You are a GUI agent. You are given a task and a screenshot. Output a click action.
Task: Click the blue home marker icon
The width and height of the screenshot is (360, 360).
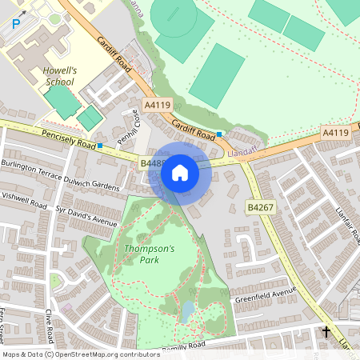[x=180, y=173]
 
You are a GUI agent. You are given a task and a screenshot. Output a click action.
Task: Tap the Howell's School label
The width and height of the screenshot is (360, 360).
[x=58, y=76]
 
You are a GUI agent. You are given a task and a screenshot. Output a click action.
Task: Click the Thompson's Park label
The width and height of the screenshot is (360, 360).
[x=149, y=254]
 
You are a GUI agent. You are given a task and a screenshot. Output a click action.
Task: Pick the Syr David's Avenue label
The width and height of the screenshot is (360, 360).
[x=86, y=215]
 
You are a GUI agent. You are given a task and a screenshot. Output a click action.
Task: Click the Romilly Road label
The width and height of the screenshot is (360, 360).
[x=183, y=346]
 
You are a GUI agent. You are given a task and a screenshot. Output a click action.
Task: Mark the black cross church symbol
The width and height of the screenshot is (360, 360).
[x=326, y=331]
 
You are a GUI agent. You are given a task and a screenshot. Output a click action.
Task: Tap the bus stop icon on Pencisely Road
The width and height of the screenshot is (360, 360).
[x=101, y=146]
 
